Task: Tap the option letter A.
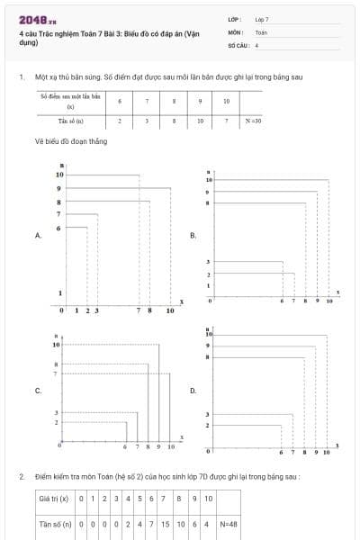click(x=38, y=235)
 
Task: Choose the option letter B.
click(x=193, y=235)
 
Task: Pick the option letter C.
click(x=38, y=391)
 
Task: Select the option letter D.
click(x=193, y=391)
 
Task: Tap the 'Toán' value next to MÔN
click(x=261, y=31)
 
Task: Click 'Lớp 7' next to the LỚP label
click(x=262, y=19)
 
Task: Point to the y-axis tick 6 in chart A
click(x=58, y=229)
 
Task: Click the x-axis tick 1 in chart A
click(x=76, y=310)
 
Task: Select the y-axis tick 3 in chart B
click(x=208, y=261)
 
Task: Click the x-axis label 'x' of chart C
click(x=182, y=436)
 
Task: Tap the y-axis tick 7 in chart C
click(x=56, y=373)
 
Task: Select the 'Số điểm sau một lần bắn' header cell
click(x=70, y=99)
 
